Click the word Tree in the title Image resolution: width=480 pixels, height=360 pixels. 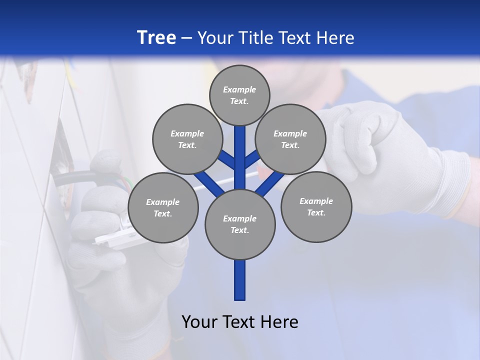point(156,37)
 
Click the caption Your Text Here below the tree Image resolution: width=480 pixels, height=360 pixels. point(240,321)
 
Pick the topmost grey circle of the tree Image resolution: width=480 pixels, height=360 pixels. point(239,95)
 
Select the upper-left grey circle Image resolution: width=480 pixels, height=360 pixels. point(187,139)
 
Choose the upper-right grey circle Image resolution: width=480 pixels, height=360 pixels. point(290,139)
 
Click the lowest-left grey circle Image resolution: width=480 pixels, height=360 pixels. point(163,207)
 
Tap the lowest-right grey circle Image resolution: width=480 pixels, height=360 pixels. point(316,206)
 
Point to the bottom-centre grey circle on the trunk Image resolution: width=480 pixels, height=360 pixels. point(240,224)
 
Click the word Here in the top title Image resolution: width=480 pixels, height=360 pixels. point(336,38)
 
